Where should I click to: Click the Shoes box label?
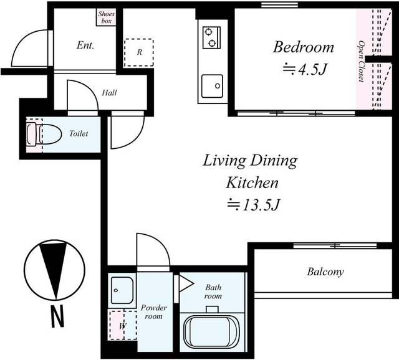point(107,17)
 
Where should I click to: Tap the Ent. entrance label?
point(85,45)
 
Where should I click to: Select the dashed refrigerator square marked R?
point(139,52)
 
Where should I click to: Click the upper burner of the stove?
point(209,32)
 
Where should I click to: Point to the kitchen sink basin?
point(212,86)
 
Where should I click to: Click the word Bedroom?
point(304,47)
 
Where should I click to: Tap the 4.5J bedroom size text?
point(305,69)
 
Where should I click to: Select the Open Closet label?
point(361,61)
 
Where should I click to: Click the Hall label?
point(110,93)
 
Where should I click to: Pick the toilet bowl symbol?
point(44,134)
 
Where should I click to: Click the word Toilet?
point(79,133)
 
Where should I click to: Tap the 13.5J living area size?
point(254,205)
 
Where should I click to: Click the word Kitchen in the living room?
point(252,182)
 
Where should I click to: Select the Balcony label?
point(325,272)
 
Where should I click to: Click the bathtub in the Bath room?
point(212,332)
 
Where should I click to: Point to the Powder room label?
point(154,312)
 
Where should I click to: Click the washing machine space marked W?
point(123,325)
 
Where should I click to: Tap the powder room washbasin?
point(122,290)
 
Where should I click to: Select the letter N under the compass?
point(57,317)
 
